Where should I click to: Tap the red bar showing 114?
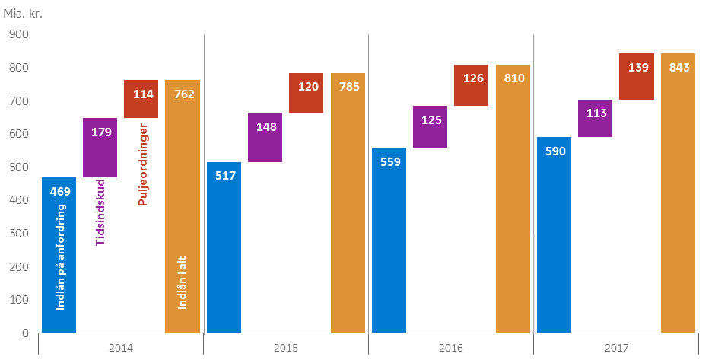pos(141,99)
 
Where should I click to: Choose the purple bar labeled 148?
pos(265,137)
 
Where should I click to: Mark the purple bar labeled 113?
pos(595,118)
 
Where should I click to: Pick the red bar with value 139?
pos(636,76)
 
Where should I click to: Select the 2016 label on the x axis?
pos(450,348)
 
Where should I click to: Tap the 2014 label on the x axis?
pos(121,348)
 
